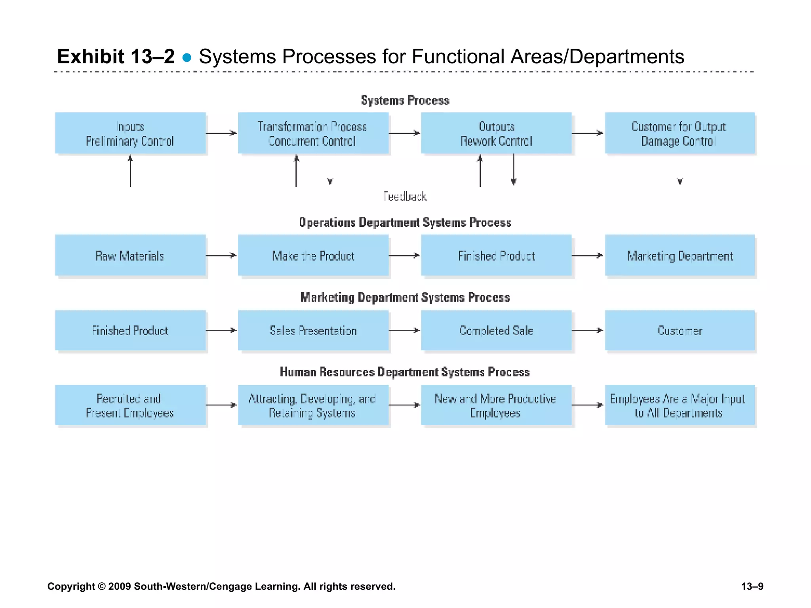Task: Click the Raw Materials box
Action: click(130, 255)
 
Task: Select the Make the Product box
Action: click(313, 255)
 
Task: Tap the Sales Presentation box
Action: click(313, 330)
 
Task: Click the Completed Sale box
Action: click(496, 330)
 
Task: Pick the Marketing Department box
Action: click(680, 255)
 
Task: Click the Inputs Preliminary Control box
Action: click(130, 133)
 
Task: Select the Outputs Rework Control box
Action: click(496, 133)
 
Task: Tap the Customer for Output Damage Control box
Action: click(680, 133)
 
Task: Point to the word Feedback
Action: click(405, 196)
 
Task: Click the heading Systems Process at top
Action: click(405, 101)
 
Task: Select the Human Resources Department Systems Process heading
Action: click(405, 372)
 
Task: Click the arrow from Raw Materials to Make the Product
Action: click(221, 256)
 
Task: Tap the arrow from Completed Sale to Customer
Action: click(588, 330)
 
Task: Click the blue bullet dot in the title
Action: click(187, 58)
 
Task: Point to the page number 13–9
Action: click(752, 586)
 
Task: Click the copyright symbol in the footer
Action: click(102, 586)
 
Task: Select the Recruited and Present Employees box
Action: click(130, 405)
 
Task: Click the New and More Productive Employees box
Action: click(496, 405)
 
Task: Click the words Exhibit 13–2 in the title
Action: click(116, 56)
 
